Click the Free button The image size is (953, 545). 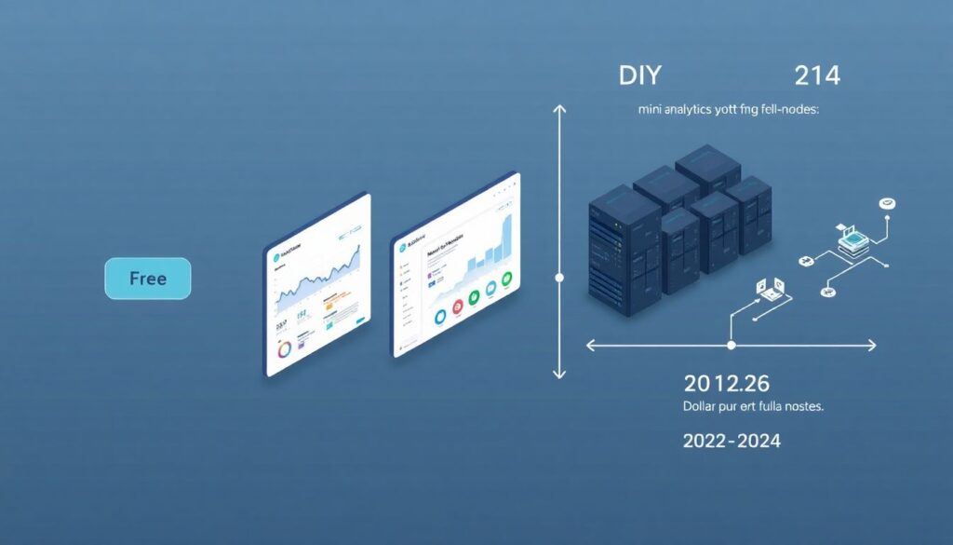point(147,279)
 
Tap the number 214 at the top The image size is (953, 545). point(817,76)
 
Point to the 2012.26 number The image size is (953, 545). point(726,382)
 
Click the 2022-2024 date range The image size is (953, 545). point(732,441)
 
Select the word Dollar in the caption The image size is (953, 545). point(704,407)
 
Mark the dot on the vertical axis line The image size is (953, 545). point(558,278)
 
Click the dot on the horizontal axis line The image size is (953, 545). point(731,346)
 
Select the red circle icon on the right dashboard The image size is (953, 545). point(458,307)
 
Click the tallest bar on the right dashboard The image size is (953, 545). point(506,239)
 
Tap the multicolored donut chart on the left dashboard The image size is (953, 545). point(283,349)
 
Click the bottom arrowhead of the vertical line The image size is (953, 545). point(558,374)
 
